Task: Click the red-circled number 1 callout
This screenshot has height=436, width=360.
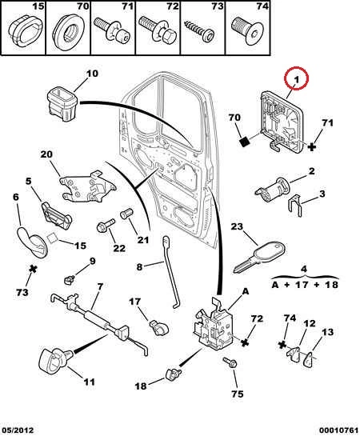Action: [x=296, y=78]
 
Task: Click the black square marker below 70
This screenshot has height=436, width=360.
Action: [x=245, y=142]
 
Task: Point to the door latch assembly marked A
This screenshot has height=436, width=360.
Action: [x=214, y=323]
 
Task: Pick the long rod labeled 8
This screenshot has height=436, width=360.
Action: [x=170, y=272]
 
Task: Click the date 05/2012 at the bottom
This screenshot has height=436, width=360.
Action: [x=17, y=430]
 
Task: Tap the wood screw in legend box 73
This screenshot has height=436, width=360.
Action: [x=198, y=31]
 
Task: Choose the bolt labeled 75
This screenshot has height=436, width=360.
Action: [x=230, y=363]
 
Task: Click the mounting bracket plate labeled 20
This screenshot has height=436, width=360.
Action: [x=87, y=186]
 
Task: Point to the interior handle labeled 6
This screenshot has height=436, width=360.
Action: [x=33, y=242]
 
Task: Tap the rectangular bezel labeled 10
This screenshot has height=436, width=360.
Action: [x=62, y=103]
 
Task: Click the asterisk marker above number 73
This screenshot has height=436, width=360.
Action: [x=33, y=269]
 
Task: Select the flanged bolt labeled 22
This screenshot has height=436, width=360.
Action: [x=106, y=225]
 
